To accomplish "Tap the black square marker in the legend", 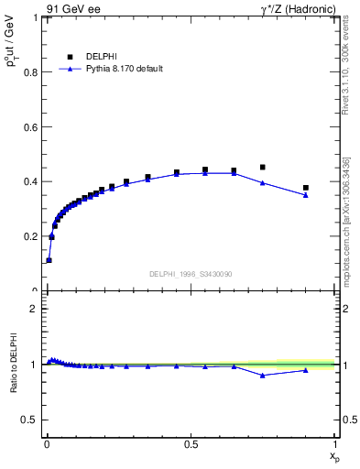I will (70, 57).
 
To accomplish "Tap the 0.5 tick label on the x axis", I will (191, 444).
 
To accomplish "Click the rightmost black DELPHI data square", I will (306, 188).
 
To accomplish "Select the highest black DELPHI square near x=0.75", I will (263, 168).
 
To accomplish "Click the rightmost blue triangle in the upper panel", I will (306, 195).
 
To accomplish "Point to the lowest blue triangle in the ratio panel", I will (263, 376).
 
